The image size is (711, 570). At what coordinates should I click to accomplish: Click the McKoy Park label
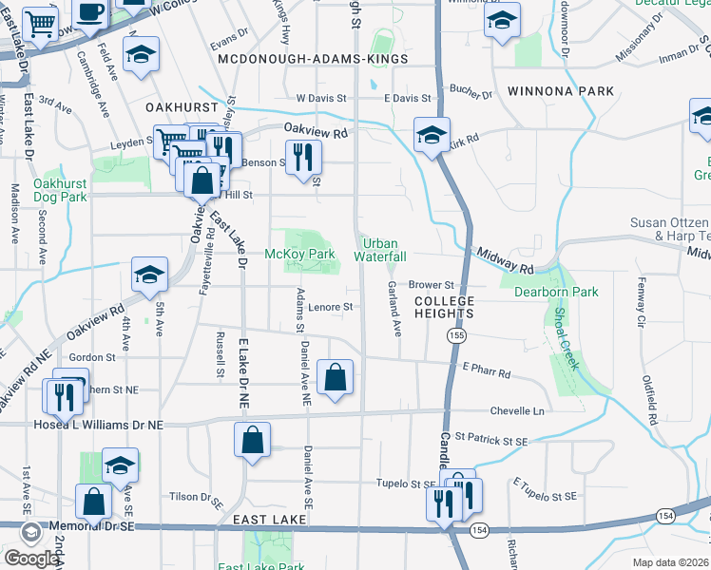coord(299,255)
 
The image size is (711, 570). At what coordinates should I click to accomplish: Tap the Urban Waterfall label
coord(380,250)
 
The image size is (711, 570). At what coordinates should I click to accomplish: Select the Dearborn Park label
coord(556,292)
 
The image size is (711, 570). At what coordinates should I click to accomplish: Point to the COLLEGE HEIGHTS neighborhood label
coord(443,306)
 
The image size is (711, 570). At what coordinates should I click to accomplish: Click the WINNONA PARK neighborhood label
coord(560,91)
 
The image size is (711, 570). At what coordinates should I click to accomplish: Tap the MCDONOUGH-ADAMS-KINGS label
coord(313,59)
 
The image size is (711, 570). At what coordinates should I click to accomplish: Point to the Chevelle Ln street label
coord(517,411)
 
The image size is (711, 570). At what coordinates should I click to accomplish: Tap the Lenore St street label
coord(331,307)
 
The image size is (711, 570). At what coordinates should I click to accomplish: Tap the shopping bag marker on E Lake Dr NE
coord(252,441)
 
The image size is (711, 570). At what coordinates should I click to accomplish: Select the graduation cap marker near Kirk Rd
coord(431,134)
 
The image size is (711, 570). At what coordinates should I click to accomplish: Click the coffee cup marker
coord(90,12)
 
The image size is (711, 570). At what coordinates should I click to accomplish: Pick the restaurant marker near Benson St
coord(302,157)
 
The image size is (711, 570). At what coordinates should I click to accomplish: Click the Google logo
coord(30,559)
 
